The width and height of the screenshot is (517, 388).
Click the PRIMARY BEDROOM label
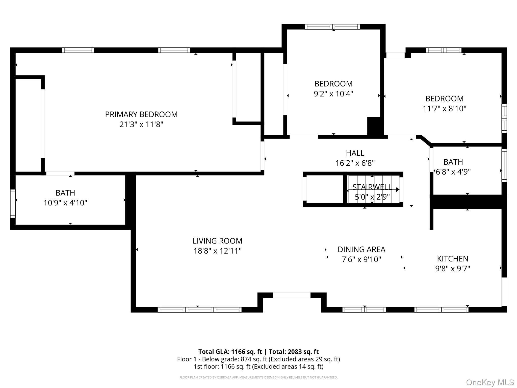[141, 114]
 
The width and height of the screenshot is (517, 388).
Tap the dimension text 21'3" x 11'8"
[141, 125]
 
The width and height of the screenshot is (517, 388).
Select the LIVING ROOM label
[217, 241]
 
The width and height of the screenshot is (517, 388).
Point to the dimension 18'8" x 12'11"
[217, 251]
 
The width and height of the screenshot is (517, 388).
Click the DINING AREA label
[361, 249]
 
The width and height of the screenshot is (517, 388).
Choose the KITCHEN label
[452, 259]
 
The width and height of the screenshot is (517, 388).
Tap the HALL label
[355, 153]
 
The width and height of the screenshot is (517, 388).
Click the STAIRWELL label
[372, 187]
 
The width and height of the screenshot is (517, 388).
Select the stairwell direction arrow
[397, 189]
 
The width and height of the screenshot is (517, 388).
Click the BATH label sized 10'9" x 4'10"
[65, 193]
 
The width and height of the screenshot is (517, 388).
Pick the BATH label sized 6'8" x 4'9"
[453, 162]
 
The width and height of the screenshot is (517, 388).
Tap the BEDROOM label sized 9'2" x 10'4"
[333, 84]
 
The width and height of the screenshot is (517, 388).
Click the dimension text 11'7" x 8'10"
[444, 109]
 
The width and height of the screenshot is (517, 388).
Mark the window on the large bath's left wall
[13, 203]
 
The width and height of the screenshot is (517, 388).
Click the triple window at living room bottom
[199, 310]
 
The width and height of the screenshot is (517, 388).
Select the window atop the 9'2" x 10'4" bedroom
[332, 27]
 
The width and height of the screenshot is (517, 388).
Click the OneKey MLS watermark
[490, 382]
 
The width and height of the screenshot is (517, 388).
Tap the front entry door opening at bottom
[292, 295]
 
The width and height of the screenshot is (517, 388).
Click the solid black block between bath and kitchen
[467, 202]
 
